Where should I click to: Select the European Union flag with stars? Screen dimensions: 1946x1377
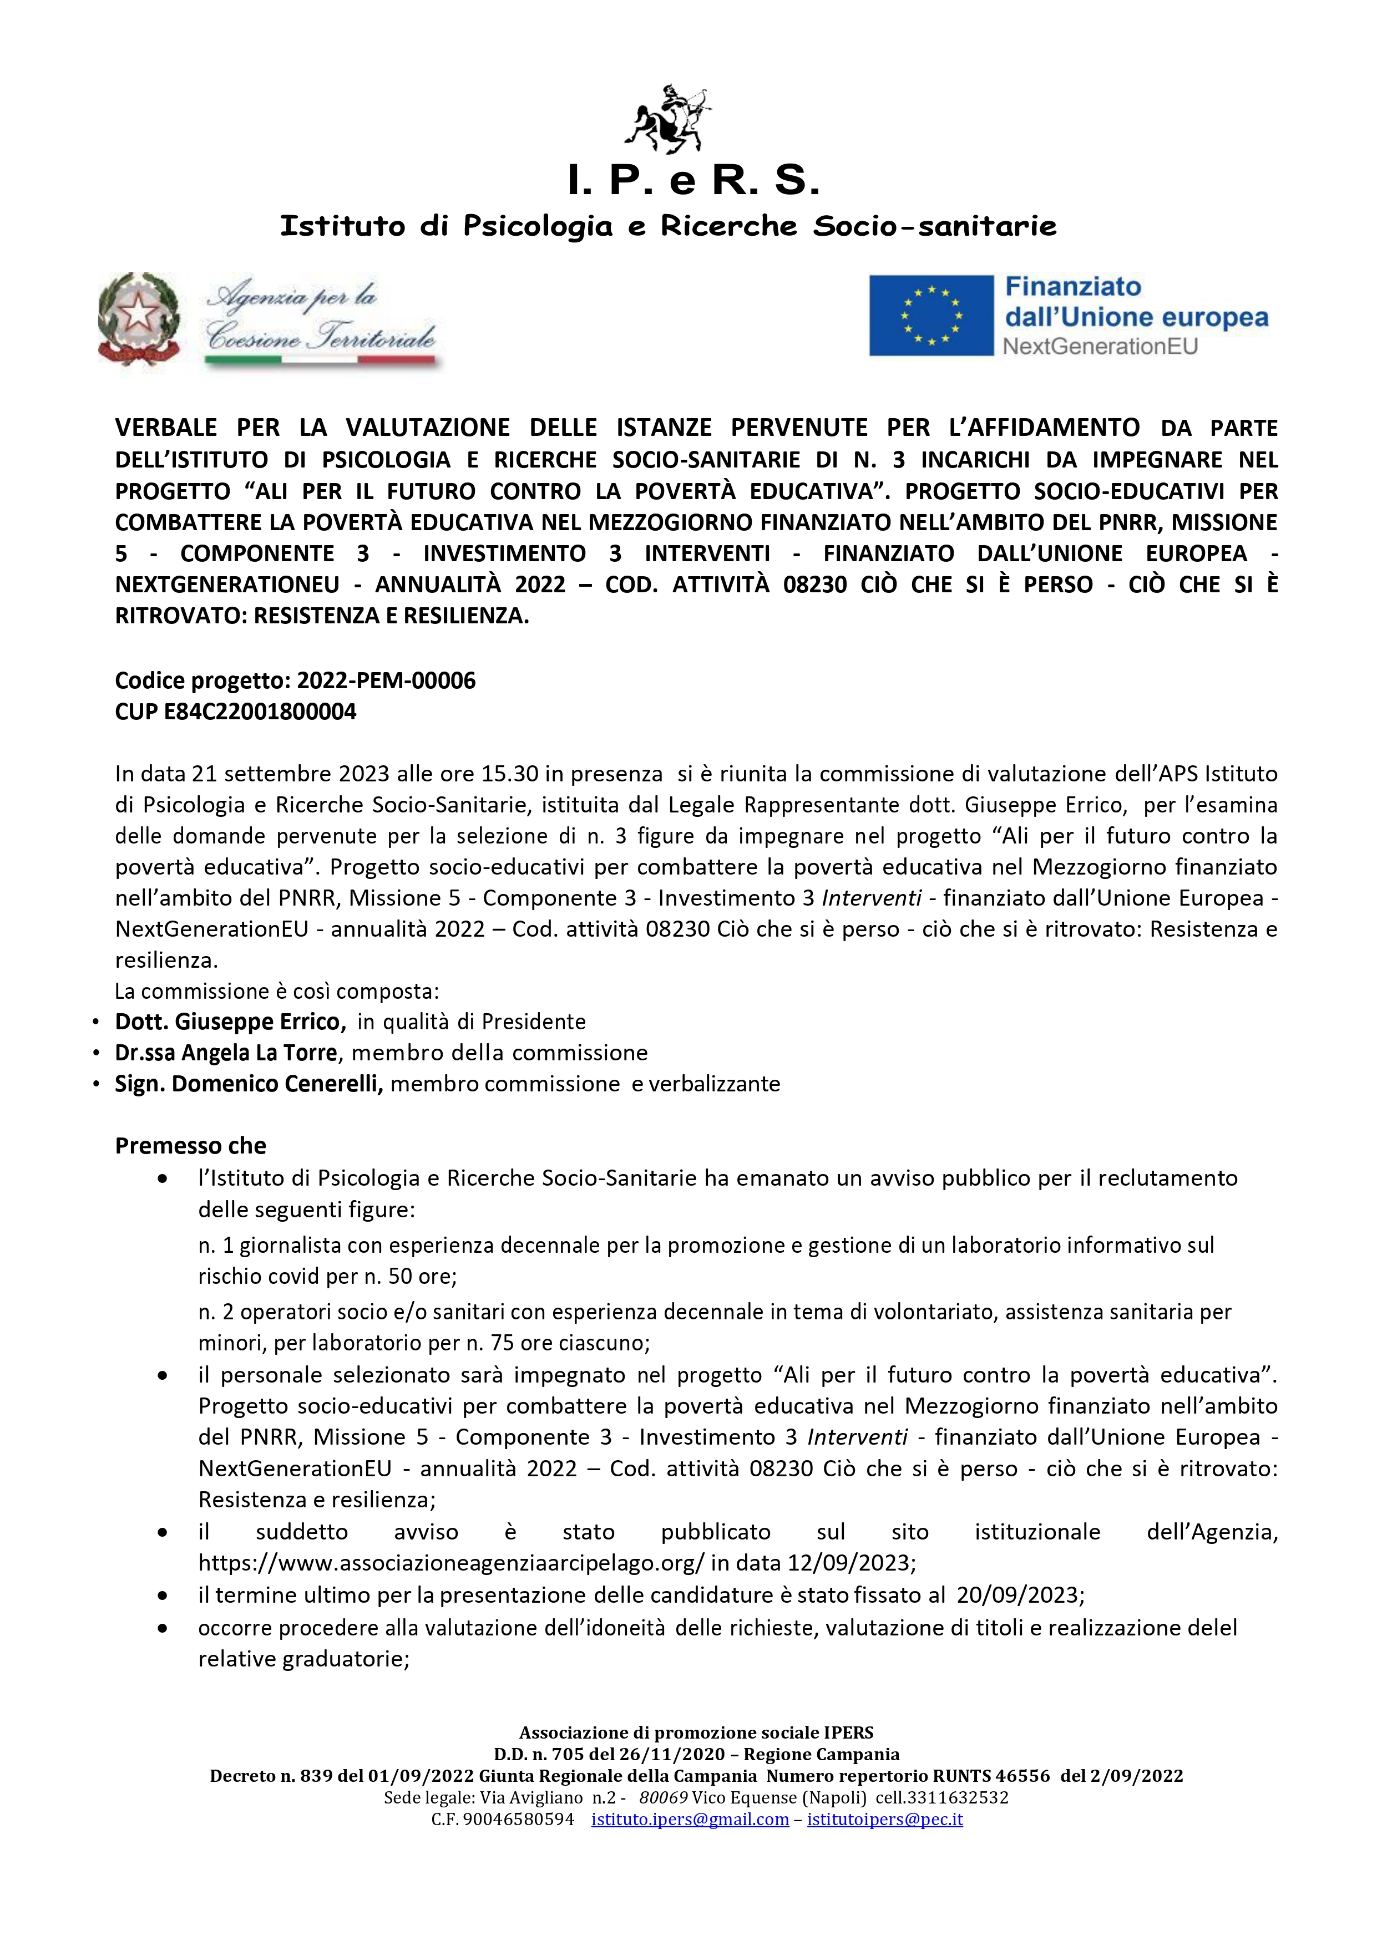tap(931, 316)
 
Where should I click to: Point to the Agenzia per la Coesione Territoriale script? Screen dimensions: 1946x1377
tap(321, 321)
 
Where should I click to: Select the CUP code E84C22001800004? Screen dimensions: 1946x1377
tap(260, 712)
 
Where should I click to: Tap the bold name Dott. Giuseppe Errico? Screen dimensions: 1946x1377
tap(230, 1022)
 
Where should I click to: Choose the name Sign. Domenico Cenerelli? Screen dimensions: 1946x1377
tap(249, 1084)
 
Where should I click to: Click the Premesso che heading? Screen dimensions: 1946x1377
tap(191, 1146)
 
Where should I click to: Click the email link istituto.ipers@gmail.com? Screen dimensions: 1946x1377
tap(690, 1820)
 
